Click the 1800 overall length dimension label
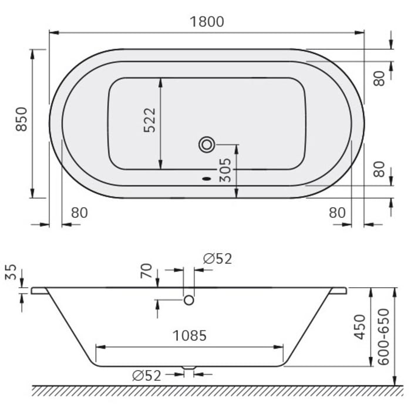tap(207, 22)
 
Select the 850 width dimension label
tap(22, 119)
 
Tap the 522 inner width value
tap(150, 120)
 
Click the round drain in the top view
tap(207, 144)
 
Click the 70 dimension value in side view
tap(147, 271)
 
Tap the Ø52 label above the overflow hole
tap(217, 259)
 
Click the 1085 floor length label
tap(189, 336)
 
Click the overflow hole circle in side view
tap(189, 300)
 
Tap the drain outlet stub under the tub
tap(189, 368)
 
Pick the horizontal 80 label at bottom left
tap(79, 213)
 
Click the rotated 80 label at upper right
tap(380, 78)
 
